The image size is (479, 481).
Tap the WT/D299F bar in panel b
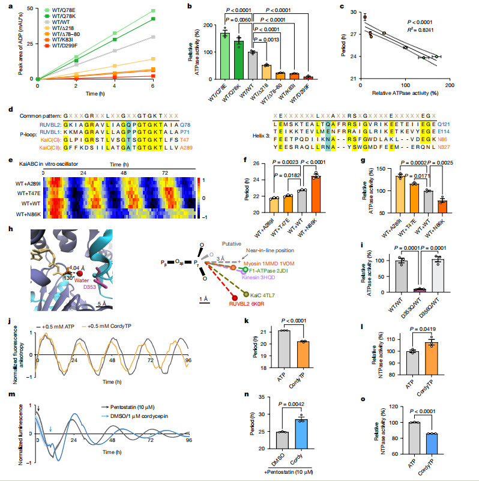[x=309, y=77]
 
